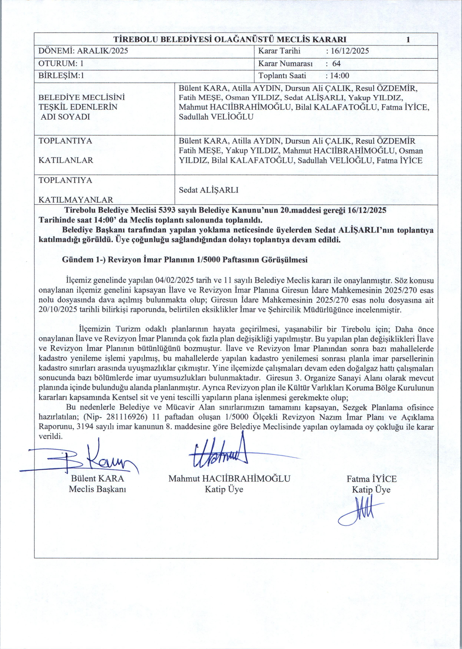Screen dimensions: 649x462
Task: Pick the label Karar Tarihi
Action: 279,51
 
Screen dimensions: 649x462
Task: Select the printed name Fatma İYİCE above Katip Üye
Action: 371,479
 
